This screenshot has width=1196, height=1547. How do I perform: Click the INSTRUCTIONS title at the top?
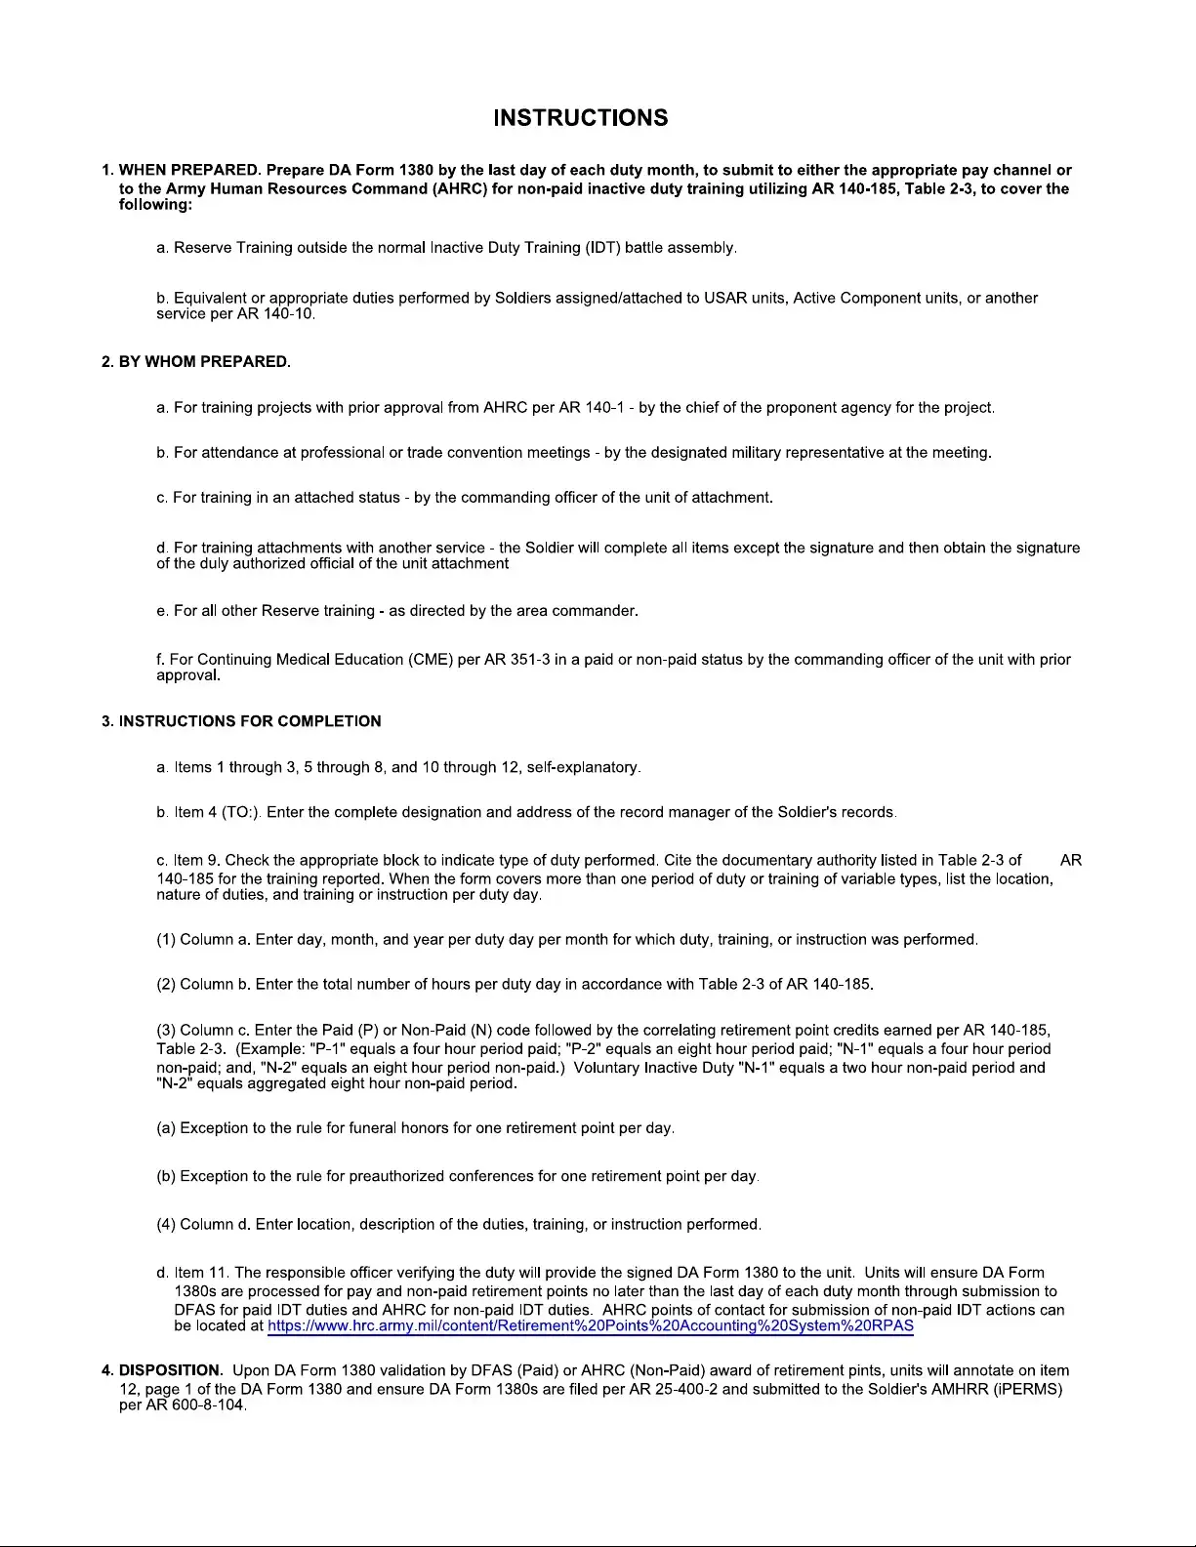tap(581, 118)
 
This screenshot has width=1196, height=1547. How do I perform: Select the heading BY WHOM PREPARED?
tap(204, 362)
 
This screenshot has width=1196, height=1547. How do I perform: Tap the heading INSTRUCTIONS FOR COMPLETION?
tap(250, 721)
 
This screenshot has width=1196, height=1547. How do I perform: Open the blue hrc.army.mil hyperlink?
tap(590, 1325)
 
